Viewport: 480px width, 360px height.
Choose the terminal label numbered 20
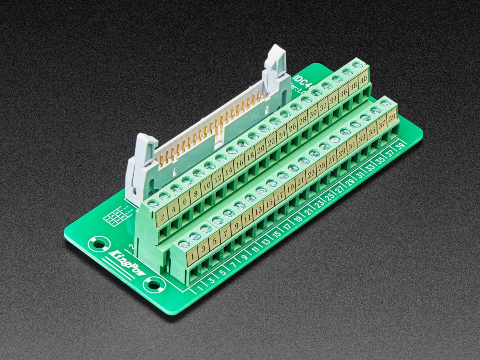point(261,149)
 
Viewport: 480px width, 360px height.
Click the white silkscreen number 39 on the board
point(400,147)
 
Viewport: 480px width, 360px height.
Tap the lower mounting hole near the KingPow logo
point(154,285)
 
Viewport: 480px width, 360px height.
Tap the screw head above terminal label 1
point(184,244)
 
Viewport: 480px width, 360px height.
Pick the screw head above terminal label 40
point(358,65)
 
